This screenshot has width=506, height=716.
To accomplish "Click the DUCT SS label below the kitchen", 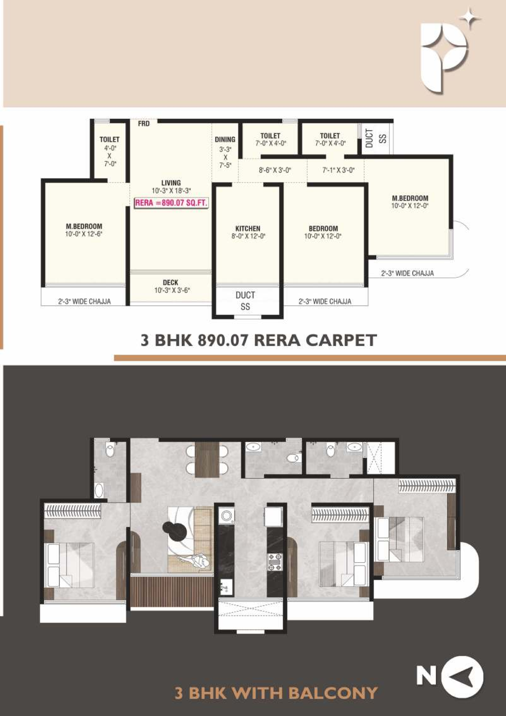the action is [x=245, y=301].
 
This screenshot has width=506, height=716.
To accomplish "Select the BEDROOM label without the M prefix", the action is [x=323, y=229].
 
